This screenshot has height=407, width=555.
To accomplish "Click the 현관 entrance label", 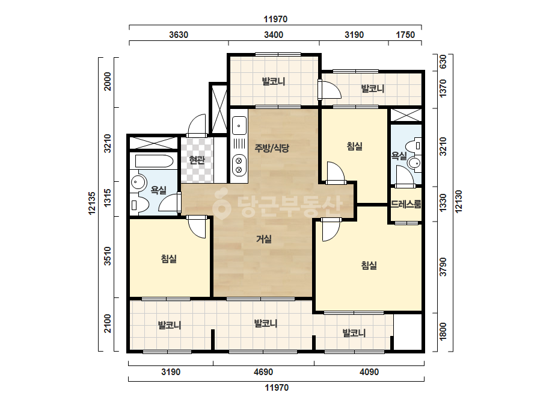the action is pyautogui.click(x=197, y=160).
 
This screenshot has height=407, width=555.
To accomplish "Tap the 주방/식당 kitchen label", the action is pyautogui.click(x=272, y=148).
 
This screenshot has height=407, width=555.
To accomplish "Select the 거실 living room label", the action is pyautogui.click(x=264, y=239).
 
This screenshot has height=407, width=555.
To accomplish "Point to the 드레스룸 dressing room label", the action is pyautogui.click(x=406, y=204).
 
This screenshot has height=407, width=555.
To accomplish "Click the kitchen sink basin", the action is pyautogui.click(x=239, y=126).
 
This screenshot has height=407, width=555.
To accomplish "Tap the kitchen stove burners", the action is pyautogui.click(x=239, y=165).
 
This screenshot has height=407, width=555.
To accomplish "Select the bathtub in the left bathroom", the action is pyautogui.click(x=154, y=161).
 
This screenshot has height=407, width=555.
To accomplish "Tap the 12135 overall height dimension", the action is pyautogui.click(x=92, y=203).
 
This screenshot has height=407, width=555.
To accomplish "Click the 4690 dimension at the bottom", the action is pyautogui.click(x=263, y=372).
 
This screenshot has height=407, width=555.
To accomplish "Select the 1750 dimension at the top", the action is pyautogui.click(x=405, y=35).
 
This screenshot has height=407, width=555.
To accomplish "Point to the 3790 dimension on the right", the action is pyautogui.click(x=443, y=267).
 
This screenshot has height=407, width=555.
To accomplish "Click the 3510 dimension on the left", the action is pyautogui.click(x=108, y=256).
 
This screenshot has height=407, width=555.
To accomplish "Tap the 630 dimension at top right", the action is pyautogui.click(x=443, y=62).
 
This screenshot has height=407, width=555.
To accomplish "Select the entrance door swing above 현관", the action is pyautogui.click(x=197, y=125).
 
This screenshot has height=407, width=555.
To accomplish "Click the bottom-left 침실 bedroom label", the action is pyautogui.click(x=168, y=259).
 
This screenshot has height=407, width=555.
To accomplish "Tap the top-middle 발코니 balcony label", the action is pyautogui.click(x=273, y=81).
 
